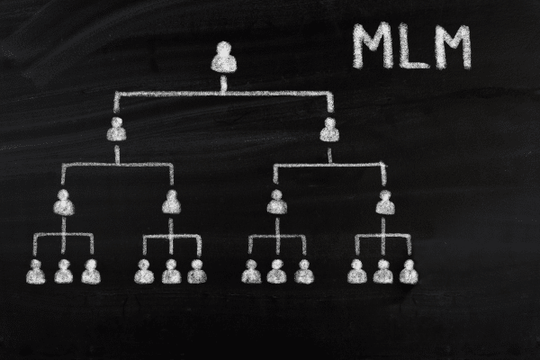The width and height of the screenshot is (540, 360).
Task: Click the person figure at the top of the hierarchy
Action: coord(224,58)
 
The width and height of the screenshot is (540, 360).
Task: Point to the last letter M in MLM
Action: coord(451,47)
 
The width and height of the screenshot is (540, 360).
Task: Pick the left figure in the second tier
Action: coord(116,130)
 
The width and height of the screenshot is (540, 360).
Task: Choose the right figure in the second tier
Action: coord(329,130)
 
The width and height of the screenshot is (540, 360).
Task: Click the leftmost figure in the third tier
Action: coord(64,202)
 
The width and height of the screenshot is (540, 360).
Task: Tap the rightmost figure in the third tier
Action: coord(385,202)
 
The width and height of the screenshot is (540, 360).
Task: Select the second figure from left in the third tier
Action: coord(171,202)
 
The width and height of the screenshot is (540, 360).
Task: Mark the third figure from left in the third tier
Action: coord(277,202)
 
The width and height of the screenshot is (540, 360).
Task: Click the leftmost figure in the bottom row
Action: coord(36,272)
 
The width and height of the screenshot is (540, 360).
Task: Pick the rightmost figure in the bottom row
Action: coord(409,272)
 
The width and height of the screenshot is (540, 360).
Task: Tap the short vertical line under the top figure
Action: coord(223,84)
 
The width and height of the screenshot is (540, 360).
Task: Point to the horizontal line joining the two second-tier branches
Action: coord(224,94)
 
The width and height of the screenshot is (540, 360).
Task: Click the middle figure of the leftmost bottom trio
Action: coord(64,272)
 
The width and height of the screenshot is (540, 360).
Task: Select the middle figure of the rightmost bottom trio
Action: coord(383,272)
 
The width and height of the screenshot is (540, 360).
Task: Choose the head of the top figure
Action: coord(224,49)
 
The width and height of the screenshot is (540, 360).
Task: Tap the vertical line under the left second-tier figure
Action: coord(117,154)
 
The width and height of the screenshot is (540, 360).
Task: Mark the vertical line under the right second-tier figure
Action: coord(329,156)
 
